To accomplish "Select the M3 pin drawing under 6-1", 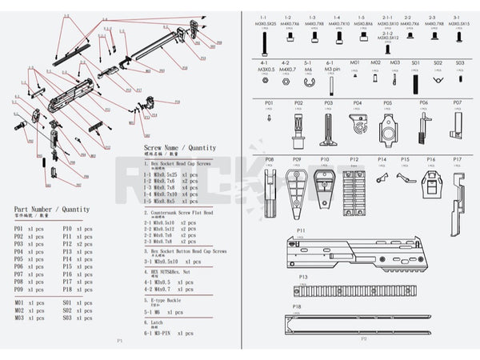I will pos(330,80).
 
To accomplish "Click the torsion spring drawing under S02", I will pos(438,79).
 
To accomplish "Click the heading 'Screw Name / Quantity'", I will pos(179,149).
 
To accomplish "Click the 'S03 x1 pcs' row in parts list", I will pos(77,318).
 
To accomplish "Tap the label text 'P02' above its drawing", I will pos(298,103).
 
